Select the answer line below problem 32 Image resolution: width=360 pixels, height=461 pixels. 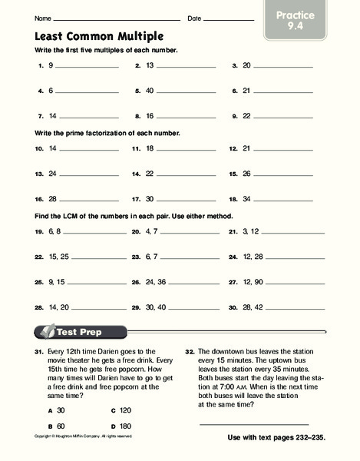(253, 423)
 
